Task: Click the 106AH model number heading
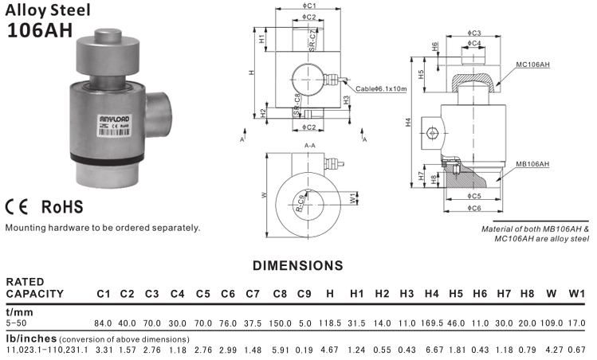pyautogui.click(x=40, y=29)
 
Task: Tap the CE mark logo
pyautogui.click(x=18, y=207)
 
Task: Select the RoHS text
pyautogui.click(x=62, y=207)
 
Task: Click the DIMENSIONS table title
pyautogui.click(x=297, y=264)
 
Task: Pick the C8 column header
pyautogui.click(x=280, y=294)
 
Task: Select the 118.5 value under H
pyautogui.click(x=330, y=323)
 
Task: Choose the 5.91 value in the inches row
pyautogui.click(x=280, y=350)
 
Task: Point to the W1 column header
pyautogui.click(x=577, y=294)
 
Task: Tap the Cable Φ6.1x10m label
pyautogui.click(x=382, y=88)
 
